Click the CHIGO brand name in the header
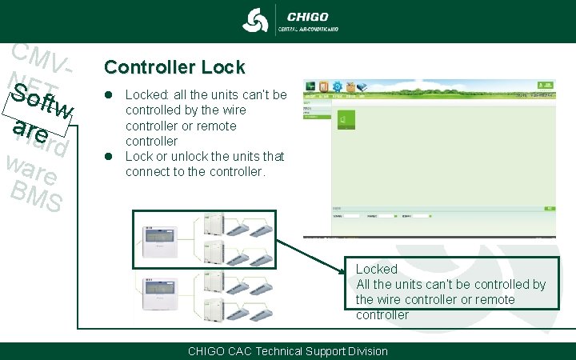307,16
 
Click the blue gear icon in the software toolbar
338,86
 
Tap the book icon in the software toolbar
325,86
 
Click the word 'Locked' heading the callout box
376,270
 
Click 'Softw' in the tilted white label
46,104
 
